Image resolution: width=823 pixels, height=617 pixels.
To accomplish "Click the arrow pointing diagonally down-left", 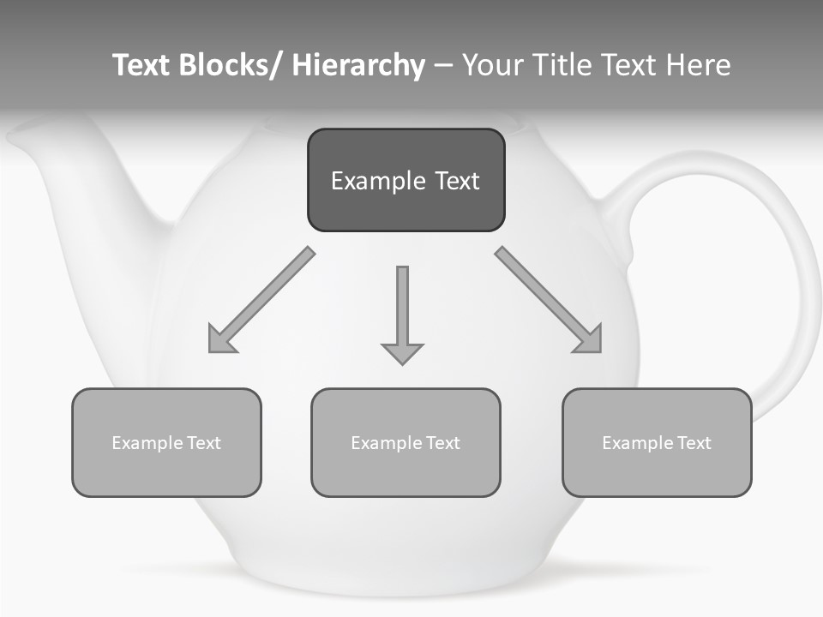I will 261,301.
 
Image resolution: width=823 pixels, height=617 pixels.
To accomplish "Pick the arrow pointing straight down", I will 402,314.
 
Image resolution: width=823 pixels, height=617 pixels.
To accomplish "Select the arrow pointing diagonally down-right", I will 549,300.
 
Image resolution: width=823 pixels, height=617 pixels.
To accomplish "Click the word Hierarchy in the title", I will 358,65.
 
